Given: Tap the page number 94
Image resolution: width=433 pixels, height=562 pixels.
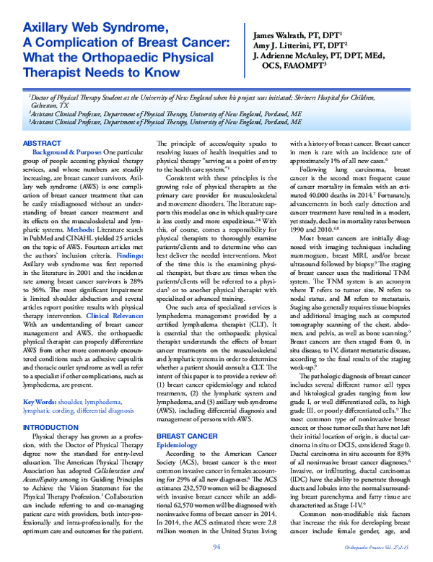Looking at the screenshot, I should (216, 548).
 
